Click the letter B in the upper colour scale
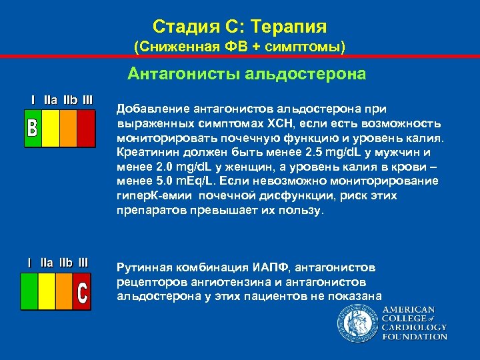click(x=32, y=128)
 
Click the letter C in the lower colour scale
click(x=83, y=293)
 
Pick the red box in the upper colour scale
click(x=86, y=128)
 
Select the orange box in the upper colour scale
click(x=69, y=128)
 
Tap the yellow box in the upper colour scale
click(x=51, y=128)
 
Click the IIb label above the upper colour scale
click(x=69, y=100)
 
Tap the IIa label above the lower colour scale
click(x=47, y=263)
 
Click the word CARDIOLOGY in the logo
click(x=414, y=327)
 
